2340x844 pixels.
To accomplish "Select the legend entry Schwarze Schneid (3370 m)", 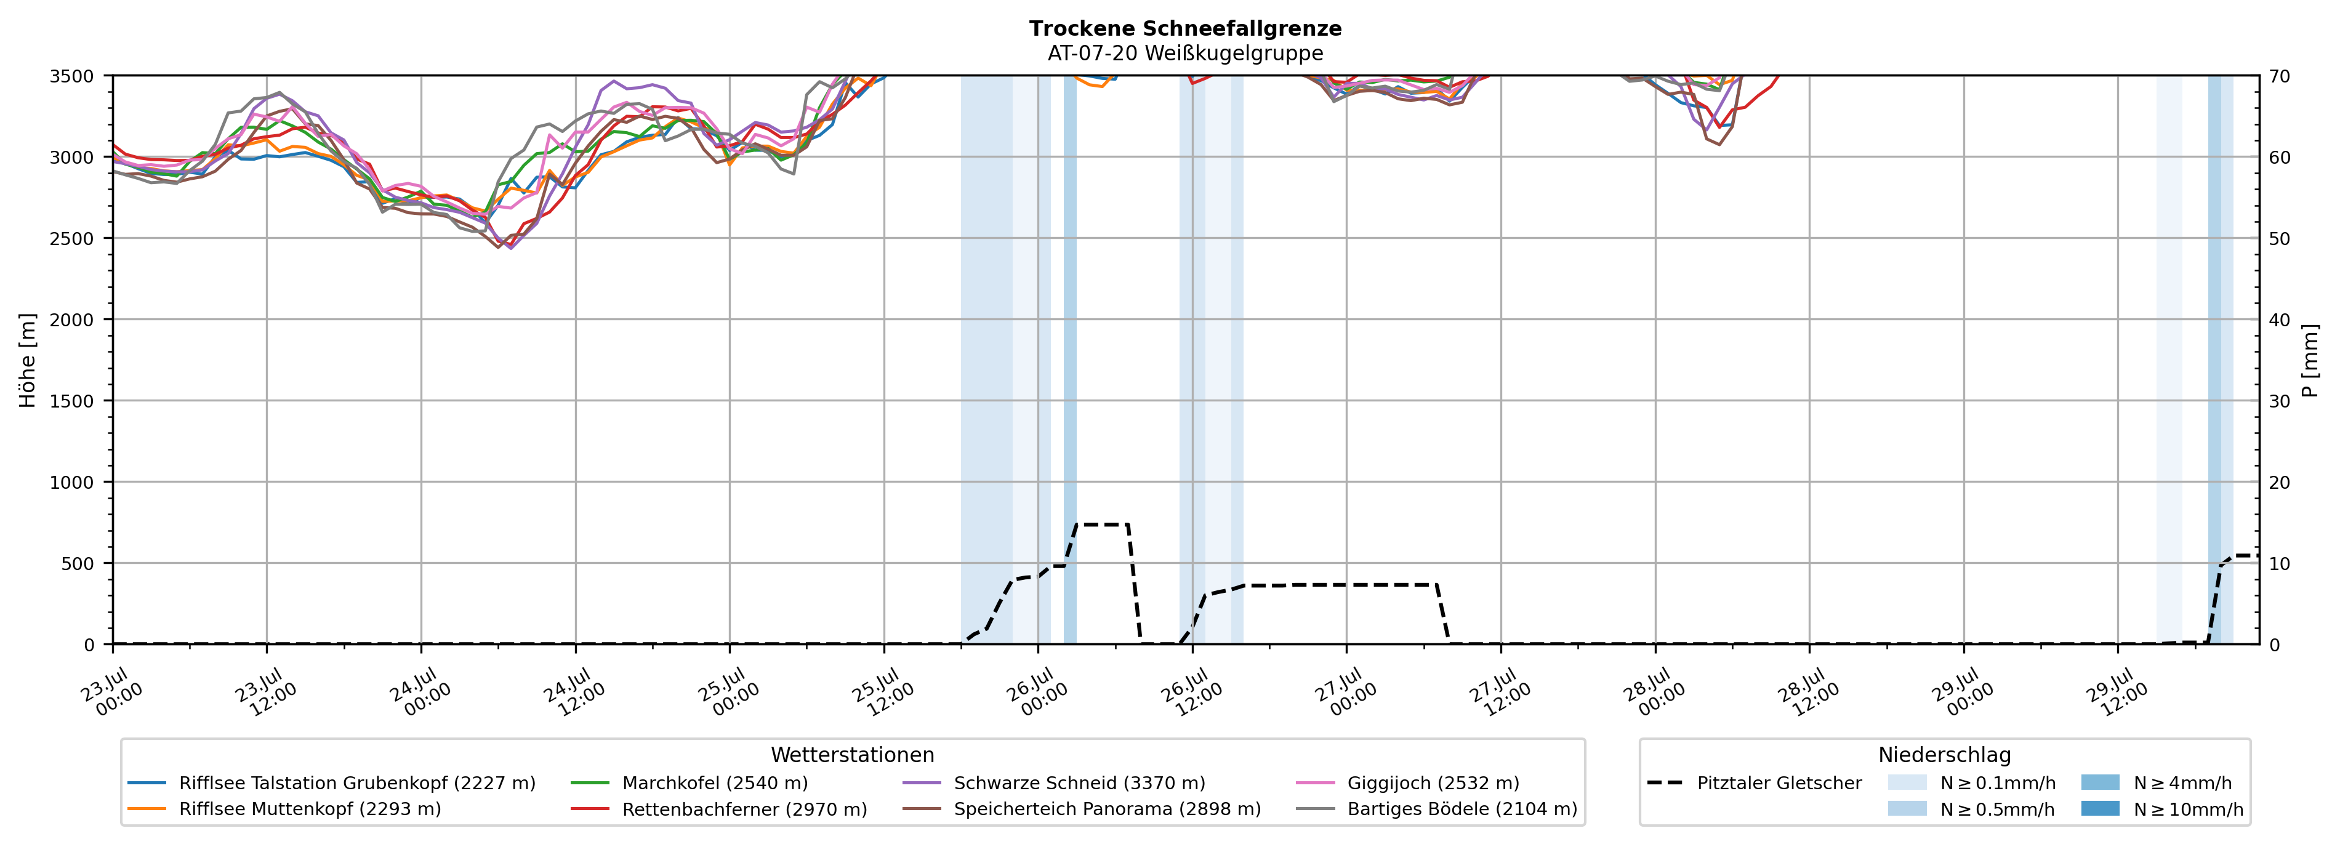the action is coord(1079,782).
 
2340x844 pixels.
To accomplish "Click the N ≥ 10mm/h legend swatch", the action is coord(2100,808).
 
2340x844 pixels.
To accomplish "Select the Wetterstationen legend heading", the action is coord(852,755).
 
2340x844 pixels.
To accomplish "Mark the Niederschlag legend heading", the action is coord(1945,755).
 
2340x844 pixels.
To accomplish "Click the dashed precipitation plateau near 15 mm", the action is coord(1102,524).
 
